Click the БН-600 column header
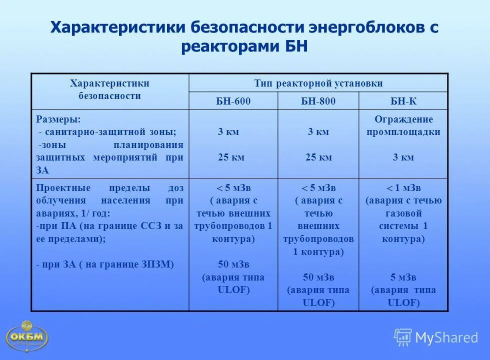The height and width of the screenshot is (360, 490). coord(233,101)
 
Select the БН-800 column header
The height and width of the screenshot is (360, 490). coord(318,101)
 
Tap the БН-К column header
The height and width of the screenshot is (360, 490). coord(403,101)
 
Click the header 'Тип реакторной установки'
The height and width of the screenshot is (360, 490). coord(318,83)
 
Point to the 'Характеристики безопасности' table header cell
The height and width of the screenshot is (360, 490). coord(109,89)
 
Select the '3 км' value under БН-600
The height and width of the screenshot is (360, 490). coord(228,132)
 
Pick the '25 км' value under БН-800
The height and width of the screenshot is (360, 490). coord(318,157)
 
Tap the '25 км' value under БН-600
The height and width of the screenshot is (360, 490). coord(231,157)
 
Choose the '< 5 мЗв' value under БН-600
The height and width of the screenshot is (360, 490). coord(233,188)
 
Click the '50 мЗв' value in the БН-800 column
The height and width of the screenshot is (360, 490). coord(318,277)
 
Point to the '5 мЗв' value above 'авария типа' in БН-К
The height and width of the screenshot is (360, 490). coord(403,277)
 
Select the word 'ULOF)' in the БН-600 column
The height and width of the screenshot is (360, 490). coord(233,290)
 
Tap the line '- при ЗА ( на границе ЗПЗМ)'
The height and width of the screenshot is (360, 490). coord(105,264)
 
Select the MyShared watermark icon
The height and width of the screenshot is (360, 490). coord(403,337)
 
